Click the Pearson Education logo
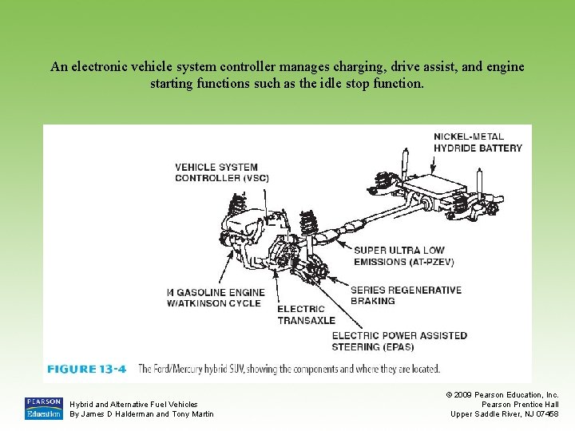(44, 409)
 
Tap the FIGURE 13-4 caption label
(86, 369)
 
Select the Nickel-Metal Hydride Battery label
(478, 142)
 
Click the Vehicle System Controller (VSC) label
(222, 172)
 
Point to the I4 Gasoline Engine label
(216, 298)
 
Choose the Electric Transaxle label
(306, 314)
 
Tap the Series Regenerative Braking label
(406, 295)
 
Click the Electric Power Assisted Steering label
(399, 342)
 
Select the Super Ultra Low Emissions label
(404, 256)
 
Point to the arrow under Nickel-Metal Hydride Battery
(433, 164)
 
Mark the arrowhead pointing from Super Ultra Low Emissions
(339, 243)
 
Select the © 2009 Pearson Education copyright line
(502, 395)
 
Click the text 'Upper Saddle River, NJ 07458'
(505, 413)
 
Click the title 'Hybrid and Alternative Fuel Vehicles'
(133, 404)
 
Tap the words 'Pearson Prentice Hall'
(520, 404)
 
